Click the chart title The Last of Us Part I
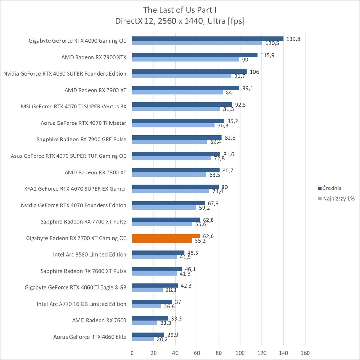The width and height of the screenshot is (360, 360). [x=180, y=10]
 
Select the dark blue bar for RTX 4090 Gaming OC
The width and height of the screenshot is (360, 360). [x=207, y=39]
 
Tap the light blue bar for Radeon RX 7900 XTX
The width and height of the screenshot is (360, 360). [x=186, y=60]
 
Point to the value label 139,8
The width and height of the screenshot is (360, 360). [x=293, y=39]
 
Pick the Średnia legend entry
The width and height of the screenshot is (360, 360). [x=332, y=188]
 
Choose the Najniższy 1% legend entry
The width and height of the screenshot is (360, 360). [x=339, y=198]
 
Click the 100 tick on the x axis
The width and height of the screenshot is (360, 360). [x=240, y=353]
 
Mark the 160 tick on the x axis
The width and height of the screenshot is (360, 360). [x=305, y=353]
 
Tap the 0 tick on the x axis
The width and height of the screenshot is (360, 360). [x=132, y=353]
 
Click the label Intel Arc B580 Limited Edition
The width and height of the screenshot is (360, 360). [x=90, y=255]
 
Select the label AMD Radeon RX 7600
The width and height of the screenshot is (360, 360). [x=99, y=320]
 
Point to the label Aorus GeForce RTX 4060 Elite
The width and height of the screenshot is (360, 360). [x=90, y=337]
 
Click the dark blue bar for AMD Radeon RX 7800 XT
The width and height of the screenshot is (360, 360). [x=176, y=170]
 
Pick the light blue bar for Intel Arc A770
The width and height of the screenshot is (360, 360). [x=146, y=306]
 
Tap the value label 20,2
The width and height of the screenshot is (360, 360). [x=161, y=340]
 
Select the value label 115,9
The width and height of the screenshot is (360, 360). [x=268, y=55]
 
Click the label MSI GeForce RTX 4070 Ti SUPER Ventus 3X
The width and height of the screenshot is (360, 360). [x=74, y=107]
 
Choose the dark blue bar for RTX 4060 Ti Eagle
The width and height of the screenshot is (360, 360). [x=155, y=285]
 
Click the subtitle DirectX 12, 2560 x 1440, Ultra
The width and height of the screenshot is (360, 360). [x=180, y=21]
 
